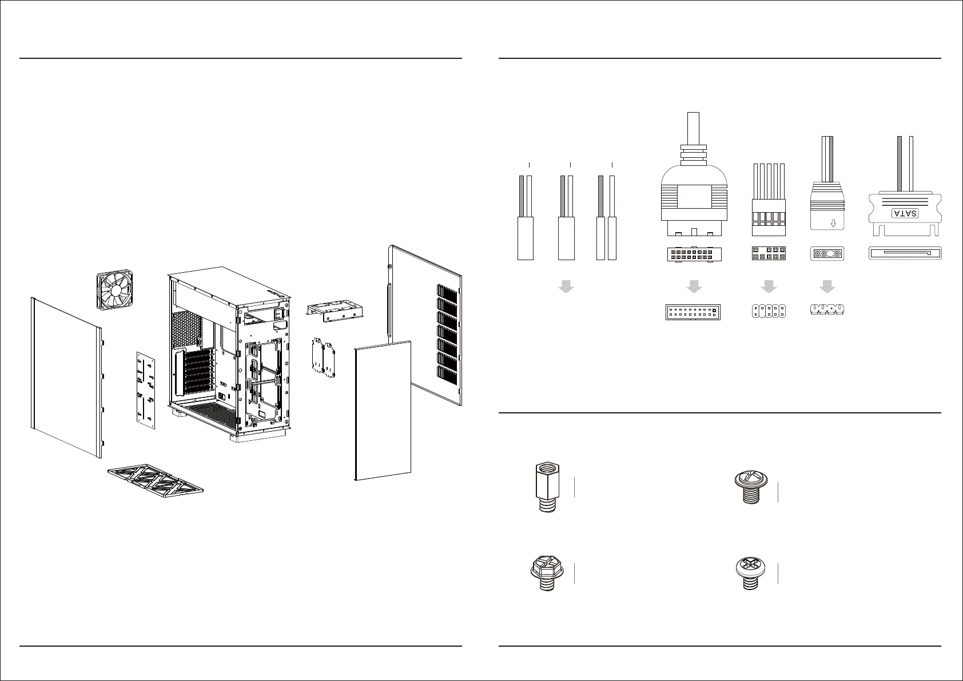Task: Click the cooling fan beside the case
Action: tap(117, 291)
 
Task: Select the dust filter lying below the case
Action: tap(156, 479)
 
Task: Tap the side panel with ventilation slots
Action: tap(424, 325)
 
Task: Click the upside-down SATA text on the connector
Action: tap(905, 213)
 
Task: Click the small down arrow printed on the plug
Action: tap(833, 222)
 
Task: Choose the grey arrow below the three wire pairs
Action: tap(566, 286)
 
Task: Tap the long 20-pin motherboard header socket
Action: tap(693, 312)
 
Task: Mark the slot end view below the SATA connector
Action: tap(905, 253)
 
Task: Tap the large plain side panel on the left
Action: tap(66, 377)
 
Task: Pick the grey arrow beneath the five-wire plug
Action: tap(769, 286)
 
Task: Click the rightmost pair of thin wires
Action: tap(607, 217)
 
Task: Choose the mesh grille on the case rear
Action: tap(188, 328)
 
